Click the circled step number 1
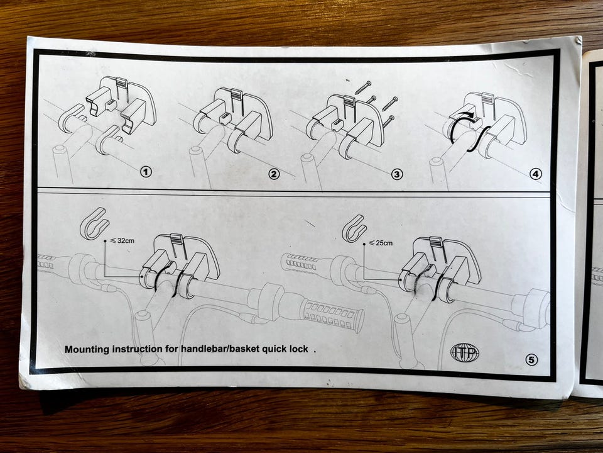[146, 171]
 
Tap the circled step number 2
[274, 174]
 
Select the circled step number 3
[397, 174]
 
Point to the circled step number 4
[536, 174]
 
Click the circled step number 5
[531, 360]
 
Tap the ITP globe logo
[465, 352]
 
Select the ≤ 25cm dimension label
[381, 243]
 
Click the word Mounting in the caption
[87, 349]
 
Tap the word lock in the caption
[300, 349]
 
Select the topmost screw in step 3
[364, 87]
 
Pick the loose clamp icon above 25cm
[354, 228]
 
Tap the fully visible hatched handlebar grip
[334, 312]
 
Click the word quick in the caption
[275, 349]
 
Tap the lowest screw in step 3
[388, 121]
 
